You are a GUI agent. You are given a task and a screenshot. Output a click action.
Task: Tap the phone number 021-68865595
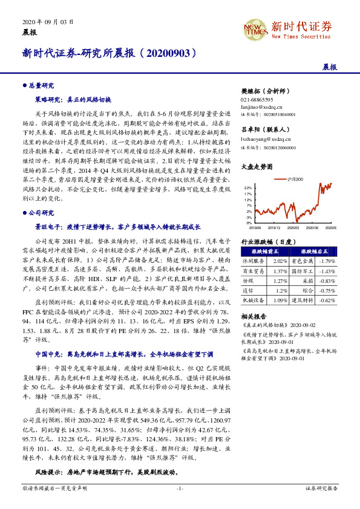click(257, 99)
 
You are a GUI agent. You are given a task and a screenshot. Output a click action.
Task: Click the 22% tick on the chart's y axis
click(248, 188)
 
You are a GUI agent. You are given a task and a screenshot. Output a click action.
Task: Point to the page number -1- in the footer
click(179, 504)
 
